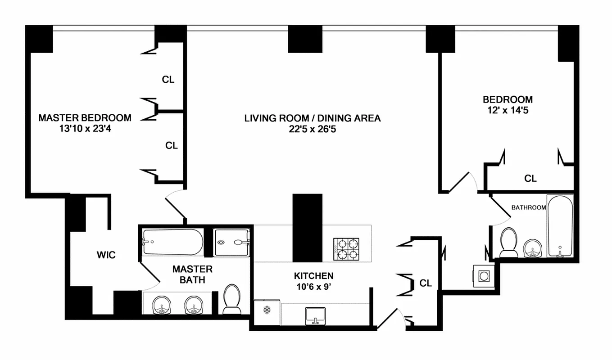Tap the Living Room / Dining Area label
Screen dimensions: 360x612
coord(312,118)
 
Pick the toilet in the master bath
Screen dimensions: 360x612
coord(232,299)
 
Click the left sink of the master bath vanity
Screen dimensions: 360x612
coord(161,305)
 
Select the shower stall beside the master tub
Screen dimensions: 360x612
coord(231,243)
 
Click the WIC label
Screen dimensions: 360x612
coord(106,255)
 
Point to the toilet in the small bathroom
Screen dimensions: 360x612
coord(509,242)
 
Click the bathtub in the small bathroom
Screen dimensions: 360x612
coord(560,226)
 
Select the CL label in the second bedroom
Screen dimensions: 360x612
coord(530,179)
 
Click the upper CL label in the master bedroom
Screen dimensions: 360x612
coord(168,80)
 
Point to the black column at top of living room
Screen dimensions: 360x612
coord(305,40)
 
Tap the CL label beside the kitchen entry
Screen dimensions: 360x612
coord(426,283)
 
